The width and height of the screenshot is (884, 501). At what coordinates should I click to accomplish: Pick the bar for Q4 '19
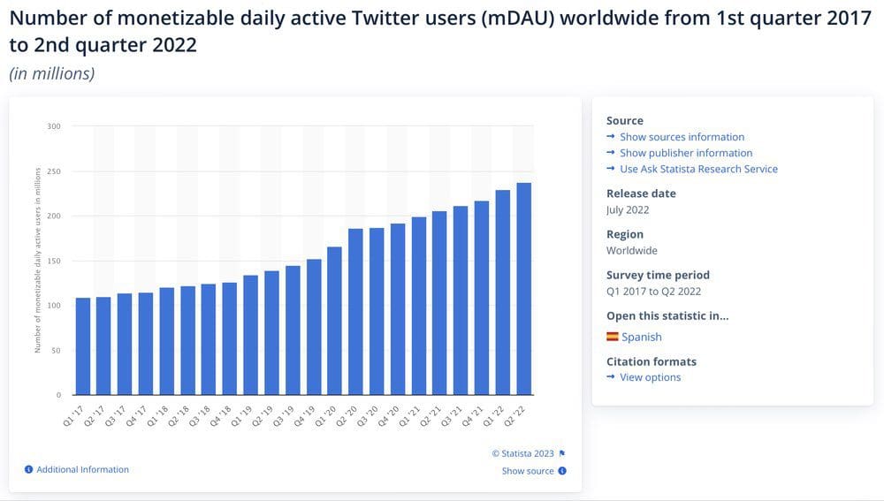[314, 327]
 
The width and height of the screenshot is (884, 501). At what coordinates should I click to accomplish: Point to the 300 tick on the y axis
[55, 126]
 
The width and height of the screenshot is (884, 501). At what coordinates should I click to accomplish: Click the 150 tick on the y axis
[55, 261]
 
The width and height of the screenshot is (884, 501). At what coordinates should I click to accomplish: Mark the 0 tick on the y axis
[59, 395]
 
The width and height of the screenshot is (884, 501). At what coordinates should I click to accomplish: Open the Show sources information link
[682, 137]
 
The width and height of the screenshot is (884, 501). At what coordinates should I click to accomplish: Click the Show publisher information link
[686, 153]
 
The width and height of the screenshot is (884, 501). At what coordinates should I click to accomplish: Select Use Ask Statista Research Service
[698, 169]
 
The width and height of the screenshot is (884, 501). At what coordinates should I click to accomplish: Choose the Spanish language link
[641, 337]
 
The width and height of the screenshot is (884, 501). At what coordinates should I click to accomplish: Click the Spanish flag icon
[612, 337]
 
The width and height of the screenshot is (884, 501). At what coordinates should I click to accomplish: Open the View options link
[650, 377]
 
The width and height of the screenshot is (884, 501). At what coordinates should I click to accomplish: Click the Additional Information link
[82, 469]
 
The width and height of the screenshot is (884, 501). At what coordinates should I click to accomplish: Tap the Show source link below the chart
[528, 471]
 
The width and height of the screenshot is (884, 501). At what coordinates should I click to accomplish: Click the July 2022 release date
[628, 209]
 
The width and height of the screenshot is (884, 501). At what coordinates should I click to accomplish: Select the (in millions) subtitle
[51, 73]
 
